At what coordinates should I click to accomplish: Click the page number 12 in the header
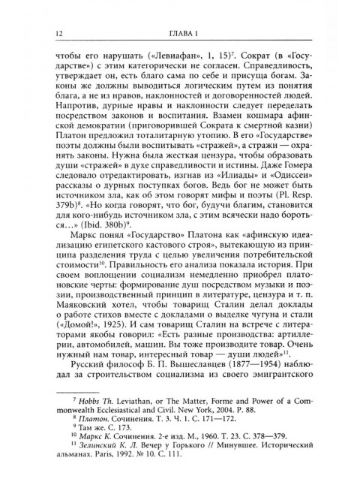(50, 32)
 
